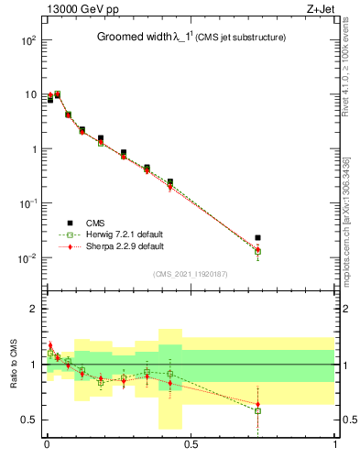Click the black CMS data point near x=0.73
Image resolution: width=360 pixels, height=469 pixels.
(258, 238)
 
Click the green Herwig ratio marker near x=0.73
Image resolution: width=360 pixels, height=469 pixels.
(258, 411)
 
